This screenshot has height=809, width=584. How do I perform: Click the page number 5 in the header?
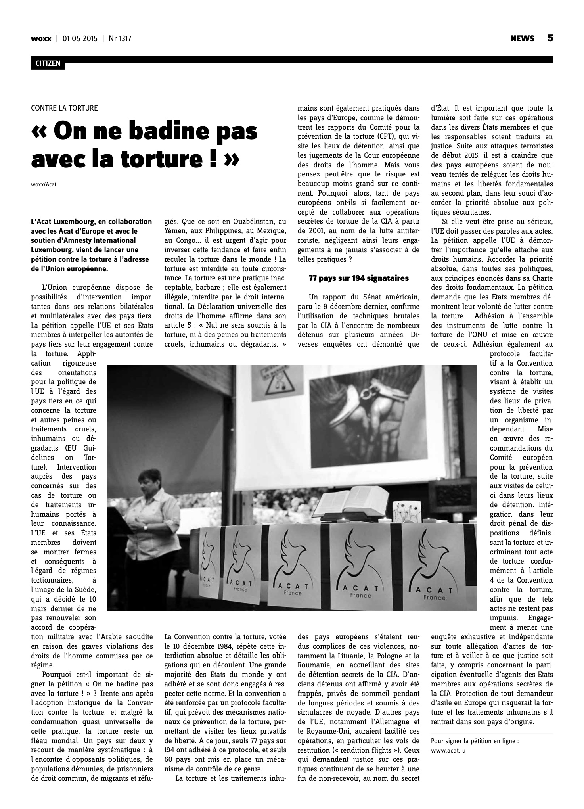[x=550, y=38]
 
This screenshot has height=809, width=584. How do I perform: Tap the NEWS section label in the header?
[x=522, y=38]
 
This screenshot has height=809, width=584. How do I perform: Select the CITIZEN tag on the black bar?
[x=48, y=63]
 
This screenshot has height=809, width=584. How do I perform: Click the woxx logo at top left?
[x=41, y=39]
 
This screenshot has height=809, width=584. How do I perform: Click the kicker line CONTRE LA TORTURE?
[x=64, y=108]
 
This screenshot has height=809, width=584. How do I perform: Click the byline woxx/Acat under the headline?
[x=44, y=184]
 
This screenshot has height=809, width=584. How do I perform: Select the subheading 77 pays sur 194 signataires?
[x=358, y=278]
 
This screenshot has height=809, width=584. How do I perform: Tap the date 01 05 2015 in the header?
[x=79, y=39]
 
